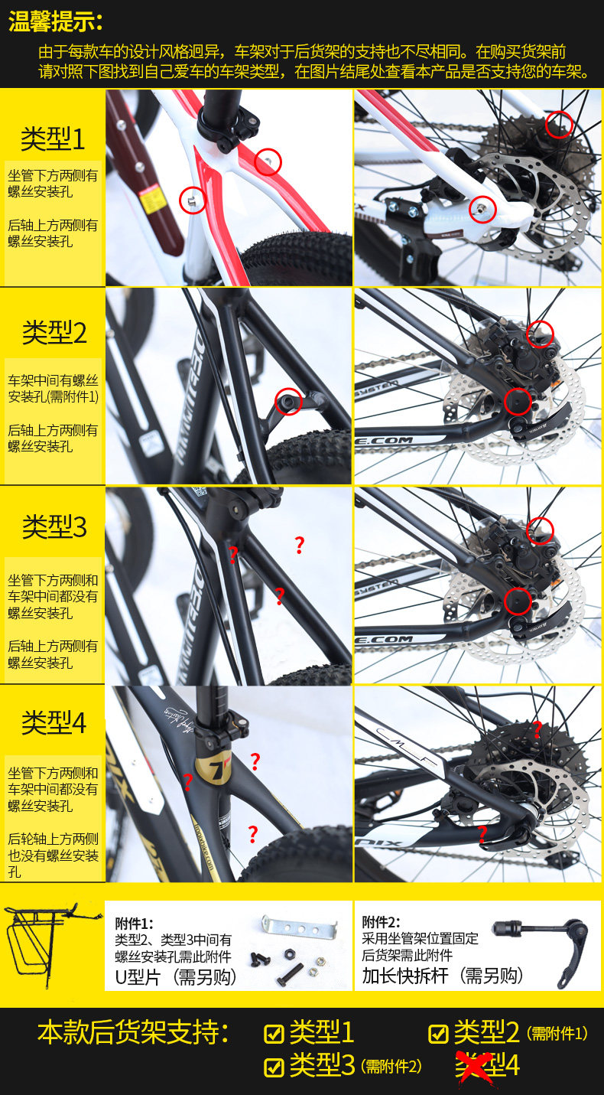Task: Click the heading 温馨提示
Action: coord(55,21)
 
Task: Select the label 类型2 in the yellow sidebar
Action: coord(54,332)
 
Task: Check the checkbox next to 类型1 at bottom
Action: coord(274,1034)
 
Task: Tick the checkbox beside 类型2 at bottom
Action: coord(438,1034)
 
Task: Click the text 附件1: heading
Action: coord(134,923)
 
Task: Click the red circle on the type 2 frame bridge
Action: coord(288,401)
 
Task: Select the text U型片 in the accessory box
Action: coord(138,976)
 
